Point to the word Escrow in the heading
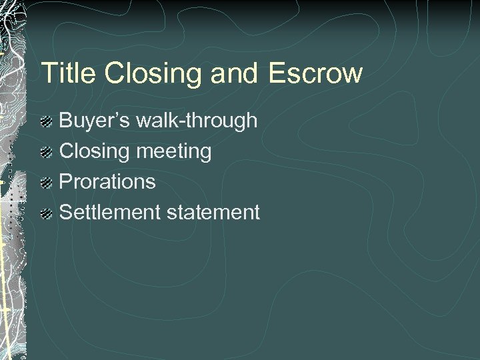coord(316,73)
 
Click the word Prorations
coord(108,182)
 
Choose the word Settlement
coord(110,213)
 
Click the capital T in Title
coord(47,73)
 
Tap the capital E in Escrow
coord(278,73)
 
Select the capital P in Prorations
coord(66,182)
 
